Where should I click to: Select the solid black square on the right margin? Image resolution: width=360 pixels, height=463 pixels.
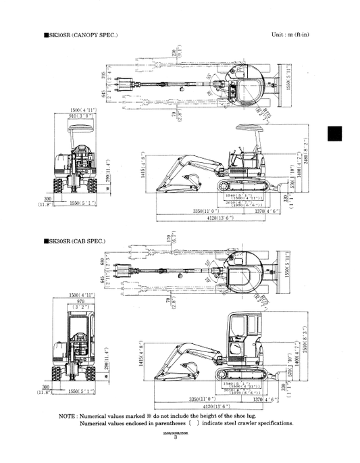(x=336, y=135)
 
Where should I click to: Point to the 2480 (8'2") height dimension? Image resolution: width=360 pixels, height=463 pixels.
(x=308, y=159)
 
